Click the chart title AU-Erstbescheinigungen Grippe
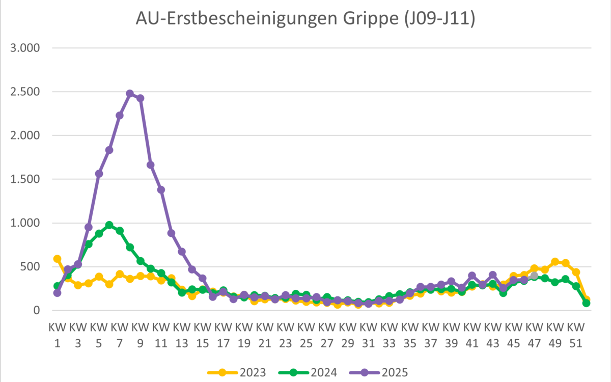tap(305, 19)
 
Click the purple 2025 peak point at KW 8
tap(130, 94)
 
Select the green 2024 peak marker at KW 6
tap(109, 225)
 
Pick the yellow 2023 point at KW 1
tap(57, 259)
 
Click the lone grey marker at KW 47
tap(534, 276)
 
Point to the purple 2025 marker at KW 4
tap(88, 227)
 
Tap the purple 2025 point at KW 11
tap(161, 190)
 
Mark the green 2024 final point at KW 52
tap(586, 303)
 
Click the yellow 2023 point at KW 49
tap(555, 262)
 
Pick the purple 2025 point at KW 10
tap(151, 165)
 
